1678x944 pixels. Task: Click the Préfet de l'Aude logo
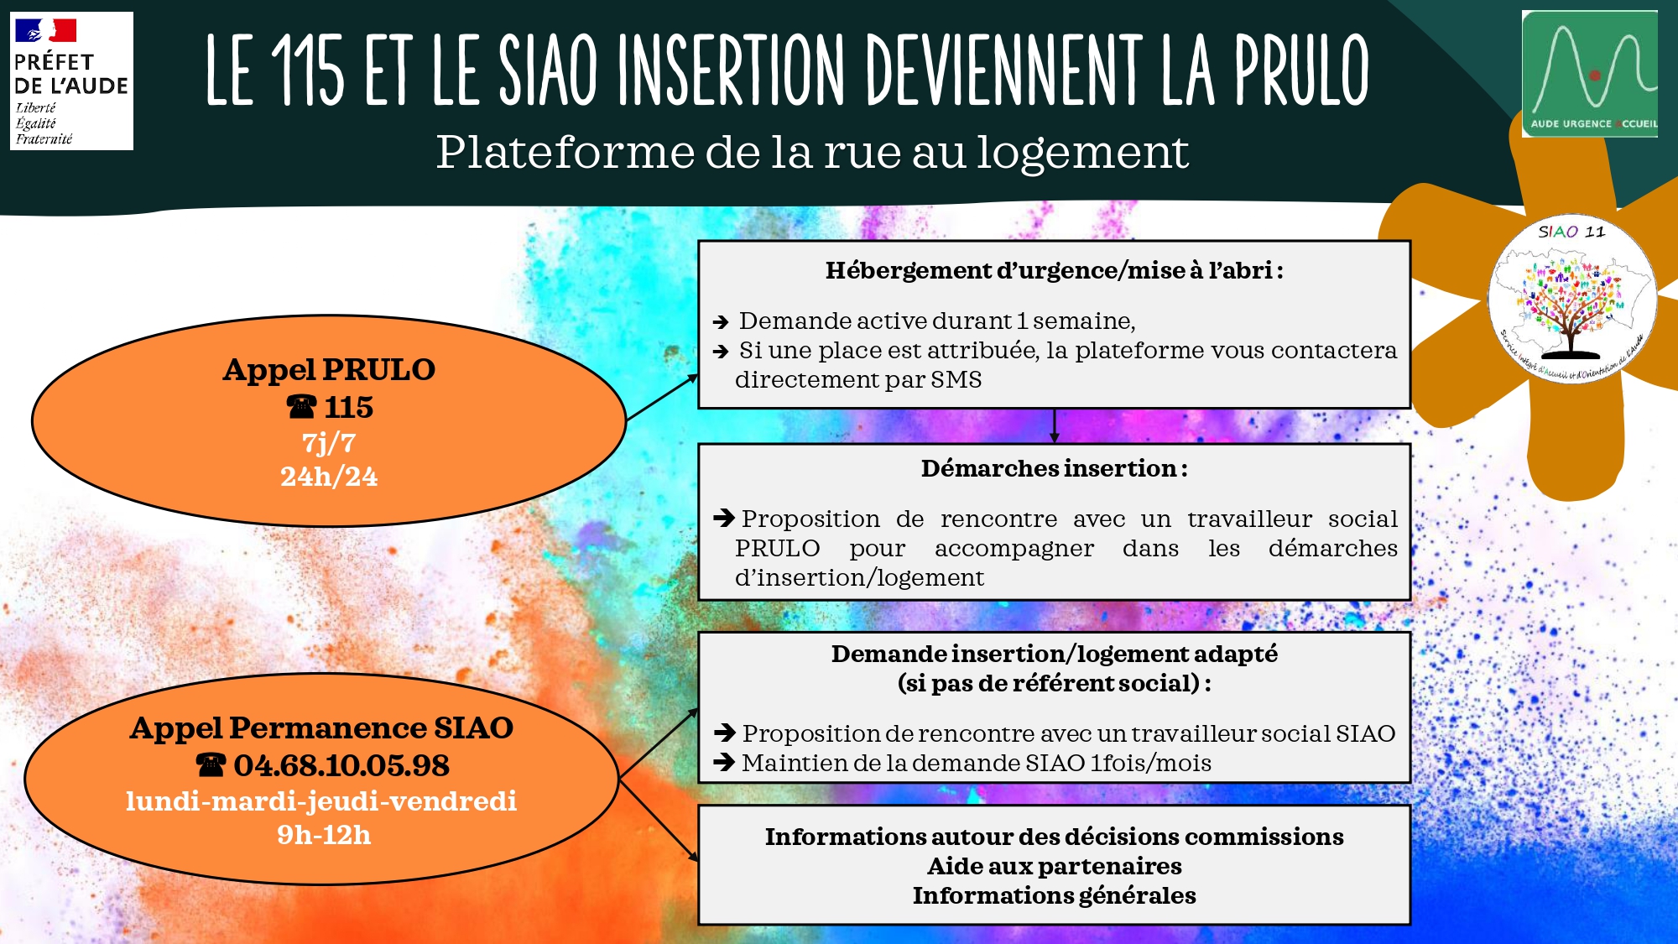[x=71, y=81]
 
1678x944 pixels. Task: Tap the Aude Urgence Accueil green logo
[x=1590, y=74]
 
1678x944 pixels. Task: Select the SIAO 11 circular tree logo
[x=1571, y=299]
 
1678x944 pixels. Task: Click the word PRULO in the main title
[x=1301, y=70]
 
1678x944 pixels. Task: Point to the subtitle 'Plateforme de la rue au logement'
[x=812, y=153]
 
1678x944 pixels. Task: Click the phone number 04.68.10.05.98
[x=341, y=765]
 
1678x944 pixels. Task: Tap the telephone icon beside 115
[x=301, y=407]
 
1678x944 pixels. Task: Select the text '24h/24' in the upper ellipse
[x=329, y=477]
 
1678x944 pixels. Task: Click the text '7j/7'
[x=329, y=442]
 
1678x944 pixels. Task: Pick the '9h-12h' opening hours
[x=324, y=835]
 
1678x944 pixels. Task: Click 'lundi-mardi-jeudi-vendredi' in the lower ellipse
[x=321, y=801]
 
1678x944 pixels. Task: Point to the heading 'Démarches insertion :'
[x=1055, y=468]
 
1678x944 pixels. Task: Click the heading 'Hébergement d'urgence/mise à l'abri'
[x=1049, y=270]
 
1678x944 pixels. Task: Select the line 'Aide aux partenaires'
[x=1055, y=866]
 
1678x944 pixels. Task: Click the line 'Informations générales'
[x=1055, y=895]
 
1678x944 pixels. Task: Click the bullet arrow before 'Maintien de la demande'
[x=724, y=763]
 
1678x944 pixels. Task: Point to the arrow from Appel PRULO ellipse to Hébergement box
[x=663, y=397]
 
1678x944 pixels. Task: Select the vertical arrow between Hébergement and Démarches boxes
[x=1055, y=426]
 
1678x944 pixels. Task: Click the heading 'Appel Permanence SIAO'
[x=321, y=728]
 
